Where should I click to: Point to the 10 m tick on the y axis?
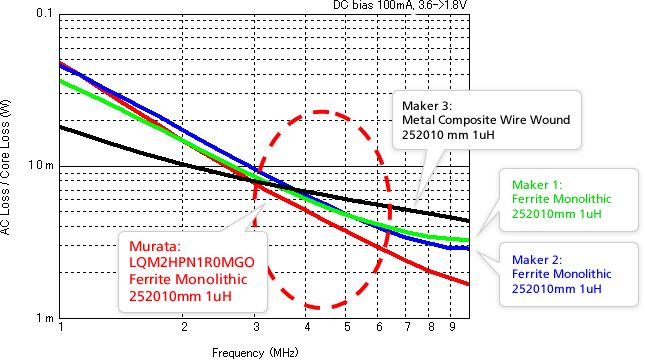[43, 166]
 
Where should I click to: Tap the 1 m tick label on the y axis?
[46, 318]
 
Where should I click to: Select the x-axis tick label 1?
[61, 327]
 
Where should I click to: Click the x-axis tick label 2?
[184, 327]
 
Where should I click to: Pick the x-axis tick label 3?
[256, 327]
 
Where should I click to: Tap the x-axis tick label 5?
[346, 327]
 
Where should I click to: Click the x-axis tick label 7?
[407, 327]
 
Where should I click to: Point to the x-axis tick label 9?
[452, 327]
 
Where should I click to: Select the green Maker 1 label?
[537, 185]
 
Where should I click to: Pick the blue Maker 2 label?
[537, 258]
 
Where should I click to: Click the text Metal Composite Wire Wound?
[485, 120]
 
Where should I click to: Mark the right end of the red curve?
[469, 284]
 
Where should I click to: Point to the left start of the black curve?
[62, 127]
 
